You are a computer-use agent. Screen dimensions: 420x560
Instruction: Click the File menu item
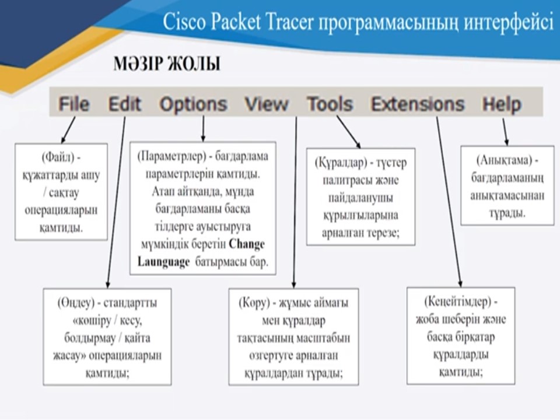tap(74, 104)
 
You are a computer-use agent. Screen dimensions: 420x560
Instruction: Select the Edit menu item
tap(124, 104)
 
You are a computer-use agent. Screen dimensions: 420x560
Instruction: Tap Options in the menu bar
tap(193, 104)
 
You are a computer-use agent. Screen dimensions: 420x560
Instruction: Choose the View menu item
tap(267, 104)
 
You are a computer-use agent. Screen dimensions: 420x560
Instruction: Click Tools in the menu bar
tap(330, 104)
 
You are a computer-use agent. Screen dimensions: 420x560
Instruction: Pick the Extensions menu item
tap(418, 104)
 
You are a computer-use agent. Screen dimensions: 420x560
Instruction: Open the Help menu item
tap(502, 104)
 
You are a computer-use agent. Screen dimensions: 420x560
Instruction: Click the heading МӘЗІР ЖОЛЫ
tap(167, 64)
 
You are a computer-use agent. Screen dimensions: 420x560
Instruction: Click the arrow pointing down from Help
tap(505, 132)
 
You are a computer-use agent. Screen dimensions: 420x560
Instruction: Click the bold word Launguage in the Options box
tap(164, 262)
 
